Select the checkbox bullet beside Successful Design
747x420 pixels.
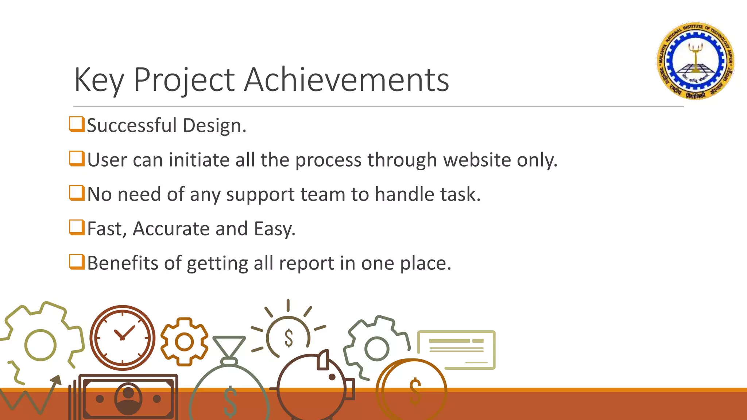[77, 124]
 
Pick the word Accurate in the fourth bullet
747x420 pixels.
[171, 229]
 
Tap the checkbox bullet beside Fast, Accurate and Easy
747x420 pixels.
[77, 227]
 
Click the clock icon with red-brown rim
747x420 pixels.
[123, 338]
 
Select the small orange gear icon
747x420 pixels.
[184, 342]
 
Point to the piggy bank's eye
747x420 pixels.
[332, 377]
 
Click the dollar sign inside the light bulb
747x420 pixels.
[289, 338]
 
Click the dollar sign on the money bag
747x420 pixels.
[230, 401]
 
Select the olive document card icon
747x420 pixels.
[456, 350]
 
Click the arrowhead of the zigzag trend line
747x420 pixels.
[57, 380]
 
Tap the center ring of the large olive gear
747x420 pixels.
[40, 345]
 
